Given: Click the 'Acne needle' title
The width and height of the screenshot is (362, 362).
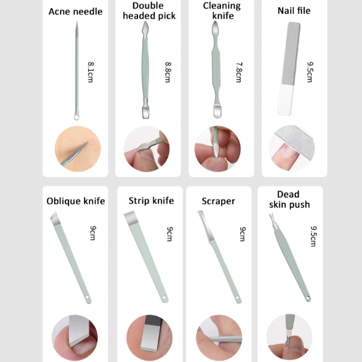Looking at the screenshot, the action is [x=76, y=11].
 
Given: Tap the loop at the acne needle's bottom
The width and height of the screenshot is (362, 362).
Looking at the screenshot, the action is [x=77, y=117].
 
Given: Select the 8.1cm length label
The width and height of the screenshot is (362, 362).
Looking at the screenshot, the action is [x=91, y=72].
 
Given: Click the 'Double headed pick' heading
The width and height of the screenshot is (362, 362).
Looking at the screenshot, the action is [x=149, y=11].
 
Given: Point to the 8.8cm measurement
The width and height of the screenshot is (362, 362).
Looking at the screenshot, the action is [x=168, y=72].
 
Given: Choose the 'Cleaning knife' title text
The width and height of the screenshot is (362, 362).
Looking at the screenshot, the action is [x=222, y=11].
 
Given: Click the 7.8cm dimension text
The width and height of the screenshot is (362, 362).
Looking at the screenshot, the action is [x=239, y=72].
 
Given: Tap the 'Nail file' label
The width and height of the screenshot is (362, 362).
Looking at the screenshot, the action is [x=294, y=11].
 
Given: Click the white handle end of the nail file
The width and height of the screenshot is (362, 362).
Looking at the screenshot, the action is [x=285, y=100].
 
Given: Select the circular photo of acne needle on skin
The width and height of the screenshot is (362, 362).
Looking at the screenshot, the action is [x=77, y=149].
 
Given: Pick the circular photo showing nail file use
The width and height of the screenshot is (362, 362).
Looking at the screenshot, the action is [x=292, y=148].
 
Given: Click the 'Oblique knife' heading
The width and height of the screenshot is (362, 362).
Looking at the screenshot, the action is [x=76, y=201].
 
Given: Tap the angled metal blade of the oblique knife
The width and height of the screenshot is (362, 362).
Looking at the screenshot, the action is [x=55, y=218].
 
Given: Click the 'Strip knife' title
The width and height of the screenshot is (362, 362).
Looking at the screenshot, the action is [x=151, y=201].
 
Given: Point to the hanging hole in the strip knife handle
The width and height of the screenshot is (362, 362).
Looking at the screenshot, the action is [x=164, y=297].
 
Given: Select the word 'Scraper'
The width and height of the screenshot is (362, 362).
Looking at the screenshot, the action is [x=219, y=201].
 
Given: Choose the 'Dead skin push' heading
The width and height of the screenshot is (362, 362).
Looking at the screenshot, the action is [x=289, y=199].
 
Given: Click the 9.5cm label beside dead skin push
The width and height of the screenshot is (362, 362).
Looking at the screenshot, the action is [x=313, y=236].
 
